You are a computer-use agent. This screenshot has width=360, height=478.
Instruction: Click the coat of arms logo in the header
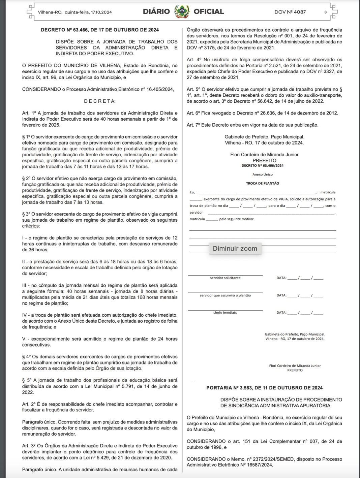coord(182,12)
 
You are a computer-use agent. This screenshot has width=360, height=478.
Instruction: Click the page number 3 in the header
coord(325,12)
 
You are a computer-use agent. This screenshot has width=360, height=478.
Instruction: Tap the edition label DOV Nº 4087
coord(290,12)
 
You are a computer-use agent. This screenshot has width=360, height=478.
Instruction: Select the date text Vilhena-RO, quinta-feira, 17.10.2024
coord(75,12)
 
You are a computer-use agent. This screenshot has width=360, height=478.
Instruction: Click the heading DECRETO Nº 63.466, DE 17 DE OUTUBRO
coord(100,30)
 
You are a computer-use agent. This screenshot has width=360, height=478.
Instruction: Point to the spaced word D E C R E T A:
coord(100,101)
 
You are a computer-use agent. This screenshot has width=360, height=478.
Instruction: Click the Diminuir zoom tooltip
coord(235,249)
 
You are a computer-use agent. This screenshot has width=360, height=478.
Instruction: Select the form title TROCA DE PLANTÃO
coord(263,183)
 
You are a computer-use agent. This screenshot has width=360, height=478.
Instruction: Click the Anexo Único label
coord(263,174)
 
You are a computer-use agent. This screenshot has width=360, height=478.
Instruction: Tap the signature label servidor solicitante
coord(225,278)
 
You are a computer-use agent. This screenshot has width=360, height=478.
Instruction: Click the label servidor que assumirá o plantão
coord(225,295)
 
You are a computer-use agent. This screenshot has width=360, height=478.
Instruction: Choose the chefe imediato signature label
coord(225,313)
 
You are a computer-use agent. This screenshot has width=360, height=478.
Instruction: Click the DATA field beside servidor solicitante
coord(300,278)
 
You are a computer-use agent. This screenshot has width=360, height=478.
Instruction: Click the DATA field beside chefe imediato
coord(300,313)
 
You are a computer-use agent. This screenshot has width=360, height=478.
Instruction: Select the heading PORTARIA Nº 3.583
coord(264,388)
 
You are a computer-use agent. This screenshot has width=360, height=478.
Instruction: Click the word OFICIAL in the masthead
coord(209,12)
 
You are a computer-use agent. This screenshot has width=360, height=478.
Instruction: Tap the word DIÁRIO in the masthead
coord(156,12)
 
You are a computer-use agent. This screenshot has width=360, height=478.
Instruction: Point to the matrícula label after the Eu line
coord(328,192)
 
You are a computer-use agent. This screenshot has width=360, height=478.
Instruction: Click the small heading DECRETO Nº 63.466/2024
coord(263,166)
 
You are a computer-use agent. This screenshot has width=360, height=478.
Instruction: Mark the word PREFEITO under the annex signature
coord(295,370)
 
